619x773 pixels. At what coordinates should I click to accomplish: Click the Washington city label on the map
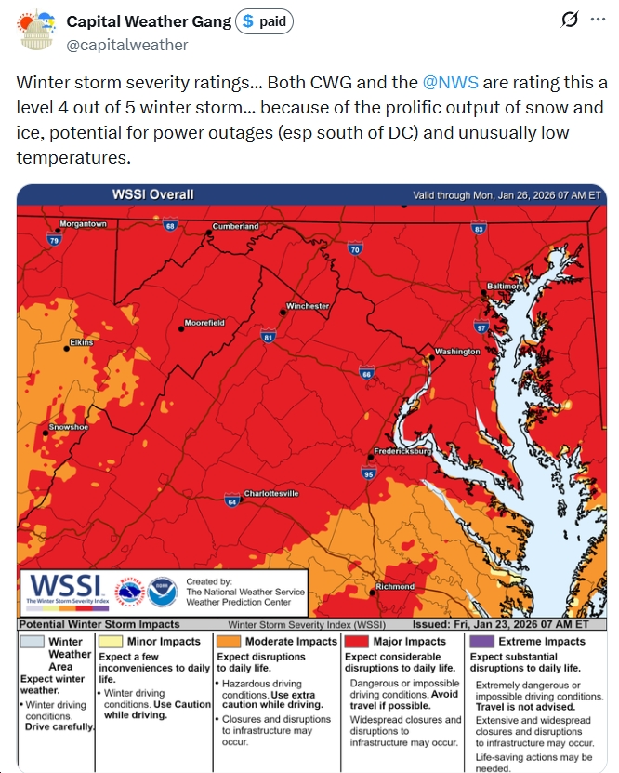pos(457,352)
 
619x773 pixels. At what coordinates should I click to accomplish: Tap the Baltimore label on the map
pos(506,286)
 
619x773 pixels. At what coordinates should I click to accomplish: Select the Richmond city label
pos(395,587)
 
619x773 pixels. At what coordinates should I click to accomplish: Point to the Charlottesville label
pos(270,493)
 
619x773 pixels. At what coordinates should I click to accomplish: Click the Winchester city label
pos(307,305)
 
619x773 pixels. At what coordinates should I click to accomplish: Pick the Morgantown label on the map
pos(83,224)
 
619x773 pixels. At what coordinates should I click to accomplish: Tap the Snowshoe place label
pos(68,426)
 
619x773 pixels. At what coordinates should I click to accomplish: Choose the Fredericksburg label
pos(402,451)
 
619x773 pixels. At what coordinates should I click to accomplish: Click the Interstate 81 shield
pos(268,337)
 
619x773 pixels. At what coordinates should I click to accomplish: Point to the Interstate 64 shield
pos(230,502)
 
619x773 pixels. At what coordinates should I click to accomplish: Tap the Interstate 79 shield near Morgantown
pos(54,240)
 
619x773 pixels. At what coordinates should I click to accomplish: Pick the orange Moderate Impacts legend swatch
pos(228,641)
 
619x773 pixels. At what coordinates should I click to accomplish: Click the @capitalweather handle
pos(127,45)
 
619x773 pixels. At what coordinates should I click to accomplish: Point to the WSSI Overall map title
pos(153,194)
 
